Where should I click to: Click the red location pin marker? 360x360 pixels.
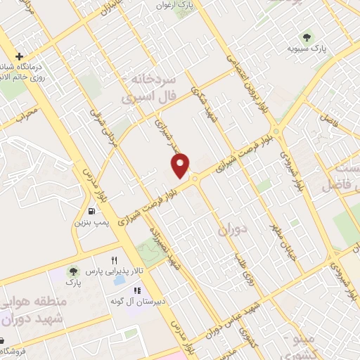(x=181, y=166)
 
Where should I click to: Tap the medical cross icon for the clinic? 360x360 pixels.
(x=18, y=56)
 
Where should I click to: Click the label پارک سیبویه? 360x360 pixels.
(x=307, y=49)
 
